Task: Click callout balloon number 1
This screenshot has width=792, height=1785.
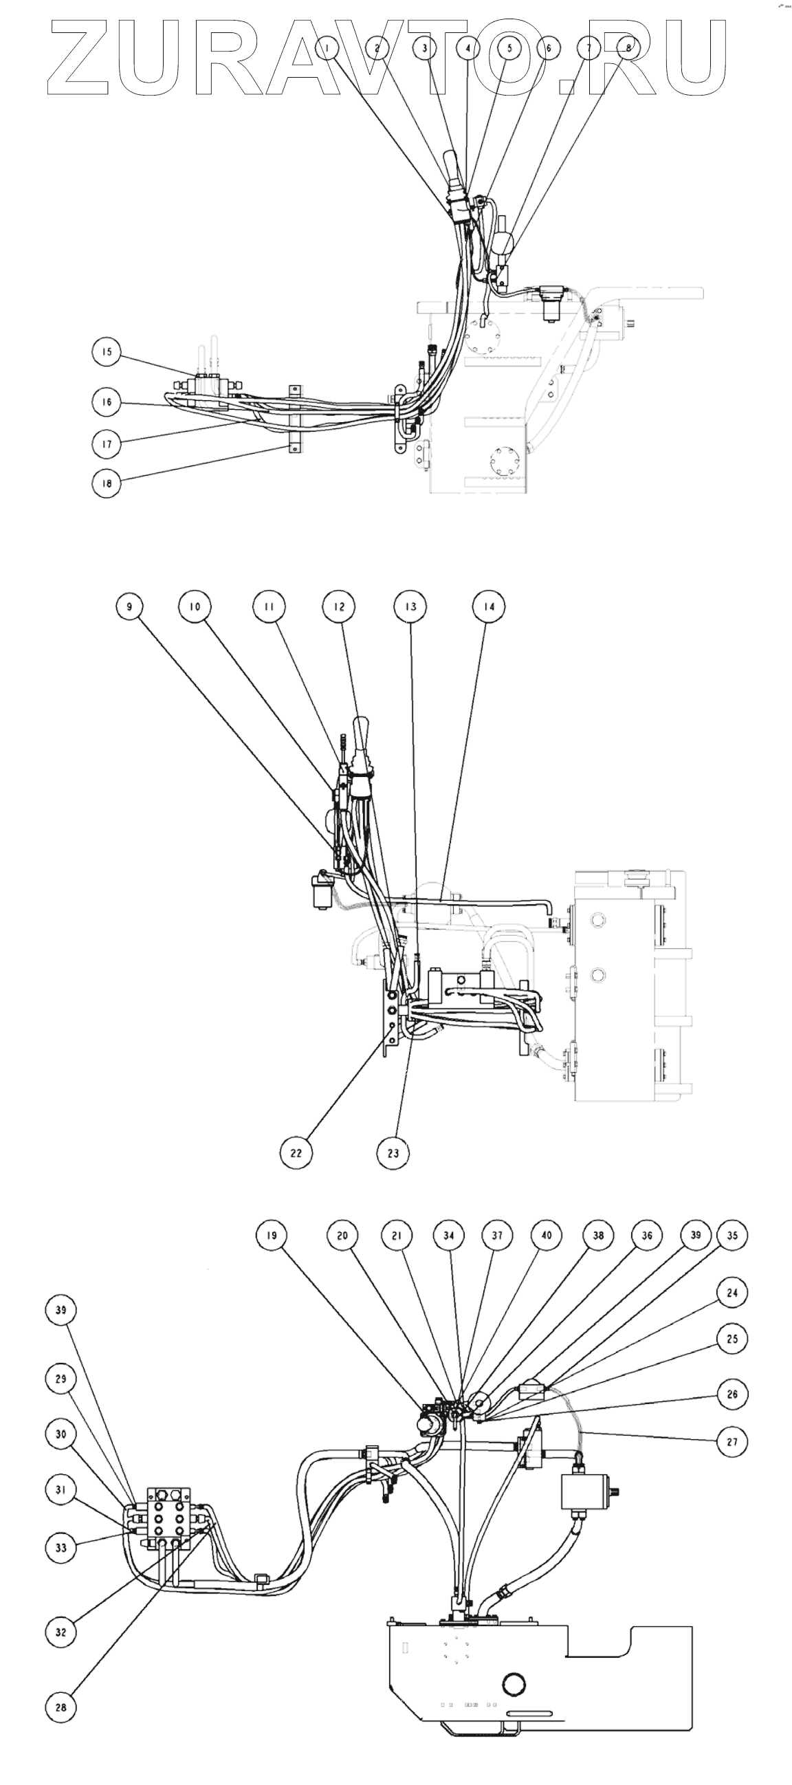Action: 329,48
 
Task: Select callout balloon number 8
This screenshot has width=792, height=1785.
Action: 628,48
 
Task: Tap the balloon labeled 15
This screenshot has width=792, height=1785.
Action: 106,352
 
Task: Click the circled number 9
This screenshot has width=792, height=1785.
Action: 129,606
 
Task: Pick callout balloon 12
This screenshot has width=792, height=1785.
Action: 339,606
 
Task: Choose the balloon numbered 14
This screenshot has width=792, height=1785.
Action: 489,606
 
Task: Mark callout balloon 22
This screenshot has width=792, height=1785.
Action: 296,1153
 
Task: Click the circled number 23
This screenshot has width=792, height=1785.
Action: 393,1153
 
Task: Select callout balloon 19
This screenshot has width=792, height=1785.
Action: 272,1235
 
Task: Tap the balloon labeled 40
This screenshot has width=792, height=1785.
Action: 547,1235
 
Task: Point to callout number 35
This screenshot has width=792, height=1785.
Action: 732,1235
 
